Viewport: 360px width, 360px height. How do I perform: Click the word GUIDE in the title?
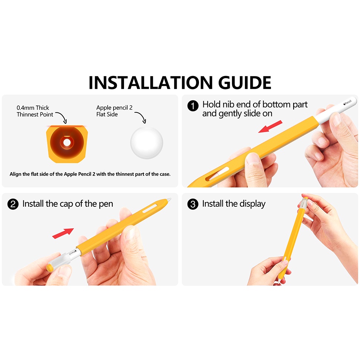coord(245,82)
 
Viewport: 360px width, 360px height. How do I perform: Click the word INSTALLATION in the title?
coord(151,82)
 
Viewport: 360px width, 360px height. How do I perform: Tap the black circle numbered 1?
coord(193,106)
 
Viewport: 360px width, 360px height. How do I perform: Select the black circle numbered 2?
coord(13,204)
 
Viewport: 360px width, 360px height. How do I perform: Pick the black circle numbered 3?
coord(193,204)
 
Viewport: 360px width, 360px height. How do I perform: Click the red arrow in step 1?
coord(270,127)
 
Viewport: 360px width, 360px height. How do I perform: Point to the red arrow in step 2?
coord(63,233)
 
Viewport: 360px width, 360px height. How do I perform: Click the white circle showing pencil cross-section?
coord(147,143)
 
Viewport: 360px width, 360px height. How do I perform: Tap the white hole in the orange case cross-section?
coord(67,143)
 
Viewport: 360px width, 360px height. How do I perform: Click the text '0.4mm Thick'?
coord(33,108)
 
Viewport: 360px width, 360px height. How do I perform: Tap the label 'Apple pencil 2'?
coord(114,108)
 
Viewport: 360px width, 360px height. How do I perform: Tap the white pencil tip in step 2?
coord(169,200)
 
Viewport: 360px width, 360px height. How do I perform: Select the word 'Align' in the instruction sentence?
coord(15,174)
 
